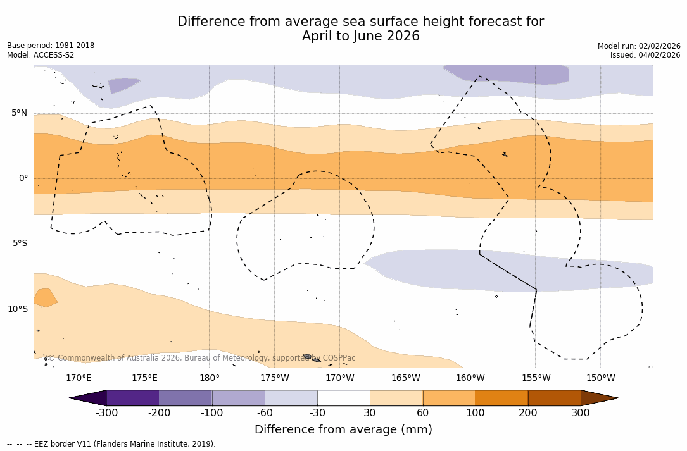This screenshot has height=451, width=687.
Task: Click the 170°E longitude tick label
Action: coord(79,378)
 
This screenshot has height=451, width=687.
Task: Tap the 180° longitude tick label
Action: coord(210,378)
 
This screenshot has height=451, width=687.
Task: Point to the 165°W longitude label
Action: coord(405,378)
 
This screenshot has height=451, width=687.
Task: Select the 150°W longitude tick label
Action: coord(600,378)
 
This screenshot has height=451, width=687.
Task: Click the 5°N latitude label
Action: coord(19,113)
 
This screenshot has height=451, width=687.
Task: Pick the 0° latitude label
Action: coord(23,178)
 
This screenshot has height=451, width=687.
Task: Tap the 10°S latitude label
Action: coord(17,309)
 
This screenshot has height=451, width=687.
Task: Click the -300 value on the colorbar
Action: coord(107,413)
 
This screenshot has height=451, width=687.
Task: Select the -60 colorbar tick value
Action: coord(265,413)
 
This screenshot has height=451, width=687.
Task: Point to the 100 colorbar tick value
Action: coord(475,413)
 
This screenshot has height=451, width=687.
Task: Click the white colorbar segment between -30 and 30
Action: coord(343,398)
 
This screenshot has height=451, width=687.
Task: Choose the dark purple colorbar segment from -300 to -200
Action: coord(133,398)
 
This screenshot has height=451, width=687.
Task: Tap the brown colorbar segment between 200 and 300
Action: coord(554,398)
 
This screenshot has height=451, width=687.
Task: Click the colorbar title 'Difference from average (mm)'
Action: coord(343,430)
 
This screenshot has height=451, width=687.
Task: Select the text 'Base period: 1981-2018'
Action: coord(51,46)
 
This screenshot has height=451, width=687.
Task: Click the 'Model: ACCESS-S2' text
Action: coord(41,55)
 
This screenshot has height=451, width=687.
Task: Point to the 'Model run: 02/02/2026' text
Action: coord(639,46)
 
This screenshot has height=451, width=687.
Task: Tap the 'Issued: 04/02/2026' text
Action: coord(645,55)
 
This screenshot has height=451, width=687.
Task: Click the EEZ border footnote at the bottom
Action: coord(111,444)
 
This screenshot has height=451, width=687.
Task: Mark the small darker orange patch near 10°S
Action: coord(45,297)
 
